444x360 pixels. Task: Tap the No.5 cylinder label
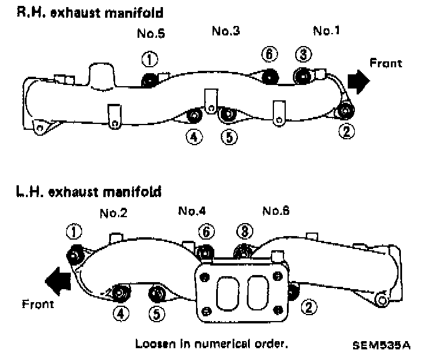pyautogui.click(x=151, y=34)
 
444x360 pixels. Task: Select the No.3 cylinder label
pyautogui.click(x=226, y=31)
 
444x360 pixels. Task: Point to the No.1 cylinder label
pyautogui.click(x=327, y=31)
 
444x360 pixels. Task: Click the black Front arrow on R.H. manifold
pyautogui.click(x=358, y=80)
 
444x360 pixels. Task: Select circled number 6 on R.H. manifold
pyautogui.click(x=269, y=54)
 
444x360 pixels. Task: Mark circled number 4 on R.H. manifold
pyautogui.click(x=194, y=137)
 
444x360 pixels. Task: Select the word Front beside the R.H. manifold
pyautogui.click(x=386, y=63)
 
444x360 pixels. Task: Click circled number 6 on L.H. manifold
pyautogui.click(x=205, y=233)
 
